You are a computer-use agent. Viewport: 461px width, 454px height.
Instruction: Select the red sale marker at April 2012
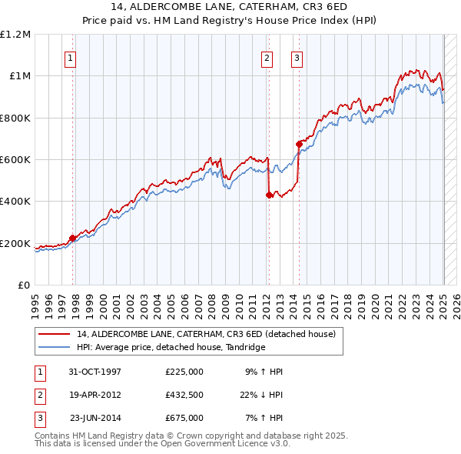pos(269,195)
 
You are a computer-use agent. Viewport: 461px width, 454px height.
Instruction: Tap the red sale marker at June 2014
pos(299,144)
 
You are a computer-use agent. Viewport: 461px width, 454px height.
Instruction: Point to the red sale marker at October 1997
pos(73,239)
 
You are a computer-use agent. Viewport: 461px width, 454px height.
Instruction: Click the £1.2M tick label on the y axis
pos(15,35)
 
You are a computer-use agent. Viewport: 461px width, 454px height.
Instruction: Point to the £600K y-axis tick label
pos(15,160)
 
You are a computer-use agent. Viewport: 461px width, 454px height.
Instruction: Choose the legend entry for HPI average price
pos(171,348)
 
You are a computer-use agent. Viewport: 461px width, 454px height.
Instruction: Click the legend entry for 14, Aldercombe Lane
pos(206,335)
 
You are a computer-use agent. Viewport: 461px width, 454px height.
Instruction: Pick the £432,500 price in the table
pos(184,395)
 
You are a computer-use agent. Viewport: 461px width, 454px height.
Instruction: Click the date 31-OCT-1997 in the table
pos(95,372)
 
